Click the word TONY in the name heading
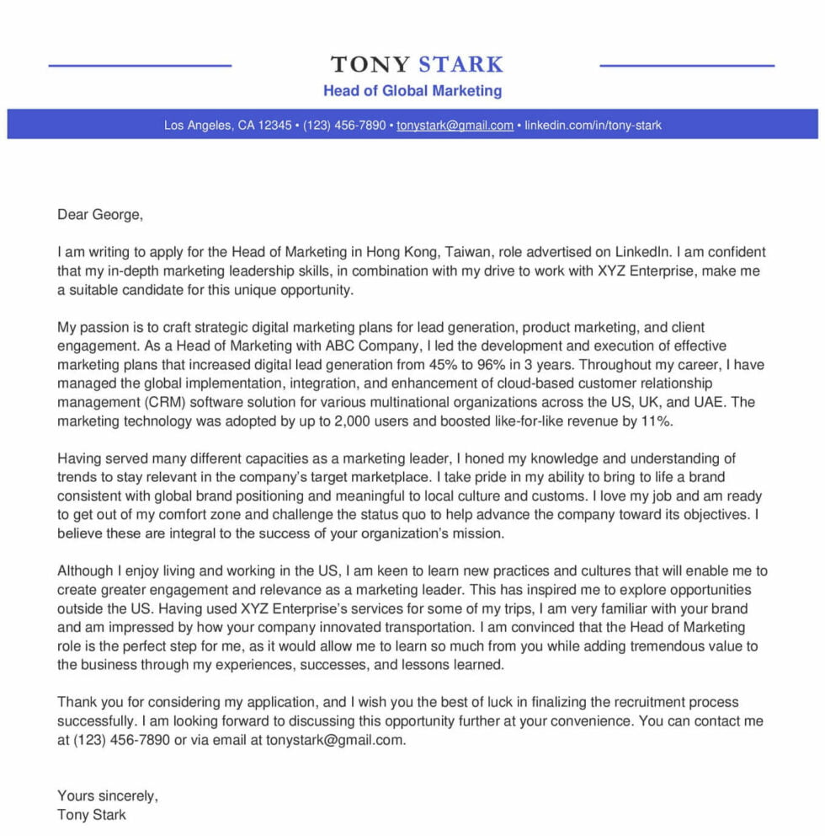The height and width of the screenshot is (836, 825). coord(370,65)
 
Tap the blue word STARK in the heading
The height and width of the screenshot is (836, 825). coord(460,65)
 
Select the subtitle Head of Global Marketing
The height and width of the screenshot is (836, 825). coord(412,90)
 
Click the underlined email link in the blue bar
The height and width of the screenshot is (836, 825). coord(455,126)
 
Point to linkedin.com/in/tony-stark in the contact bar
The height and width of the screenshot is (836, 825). coord(593,126)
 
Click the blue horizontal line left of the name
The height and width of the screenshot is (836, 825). coord(140,66)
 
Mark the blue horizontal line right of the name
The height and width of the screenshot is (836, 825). coord(686,66)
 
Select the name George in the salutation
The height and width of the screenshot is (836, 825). coord(116,214)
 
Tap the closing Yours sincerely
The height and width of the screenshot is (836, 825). coord(107,796)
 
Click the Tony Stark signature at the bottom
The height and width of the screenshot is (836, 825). coord(92,814)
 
